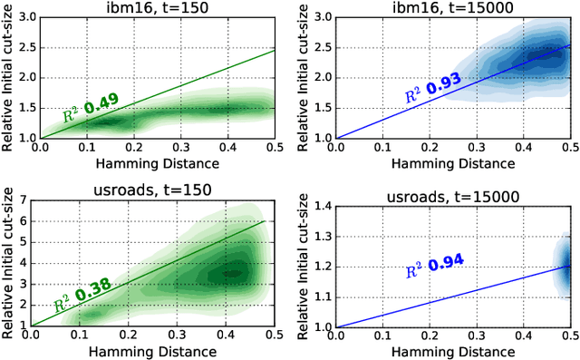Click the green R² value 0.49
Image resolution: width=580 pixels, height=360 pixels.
point(104,108)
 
